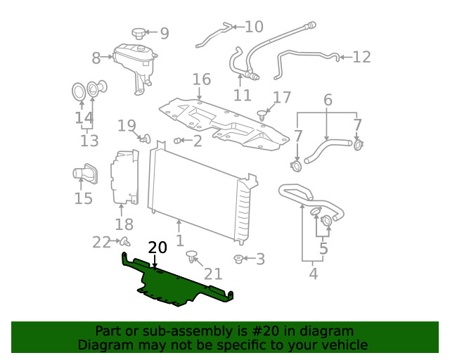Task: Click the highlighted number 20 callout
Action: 157,247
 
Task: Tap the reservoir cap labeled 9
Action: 139,33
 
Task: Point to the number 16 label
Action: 201,79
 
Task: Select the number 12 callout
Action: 361,57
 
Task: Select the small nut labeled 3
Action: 239,259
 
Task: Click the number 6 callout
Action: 328,101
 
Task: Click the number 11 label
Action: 243,95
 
